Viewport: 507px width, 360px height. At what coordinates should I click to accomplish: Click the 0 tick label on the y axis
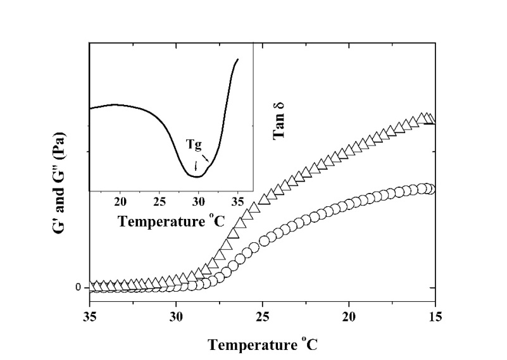point(78,288)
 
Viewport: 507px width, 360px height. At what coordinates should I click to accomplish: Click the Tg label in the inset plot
point(194,144)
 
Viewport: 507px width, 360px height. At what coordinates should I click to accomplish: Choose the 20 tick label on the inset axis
point(120,202)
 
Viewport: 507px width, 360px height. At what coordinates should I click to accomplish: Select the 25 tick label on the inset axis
point(160,202)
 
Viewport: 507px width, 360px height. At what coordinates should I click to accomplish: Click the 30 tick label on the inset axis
point(199,202)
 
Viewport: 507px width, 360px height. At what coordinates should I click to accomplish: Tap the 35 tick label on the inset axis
point(237,202)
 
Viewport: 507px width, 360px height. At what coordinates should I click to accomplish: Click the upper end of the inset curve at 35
point(238,59)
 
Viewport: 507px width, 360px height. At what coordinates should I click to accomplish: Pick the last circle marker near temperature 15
point(430,189)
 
